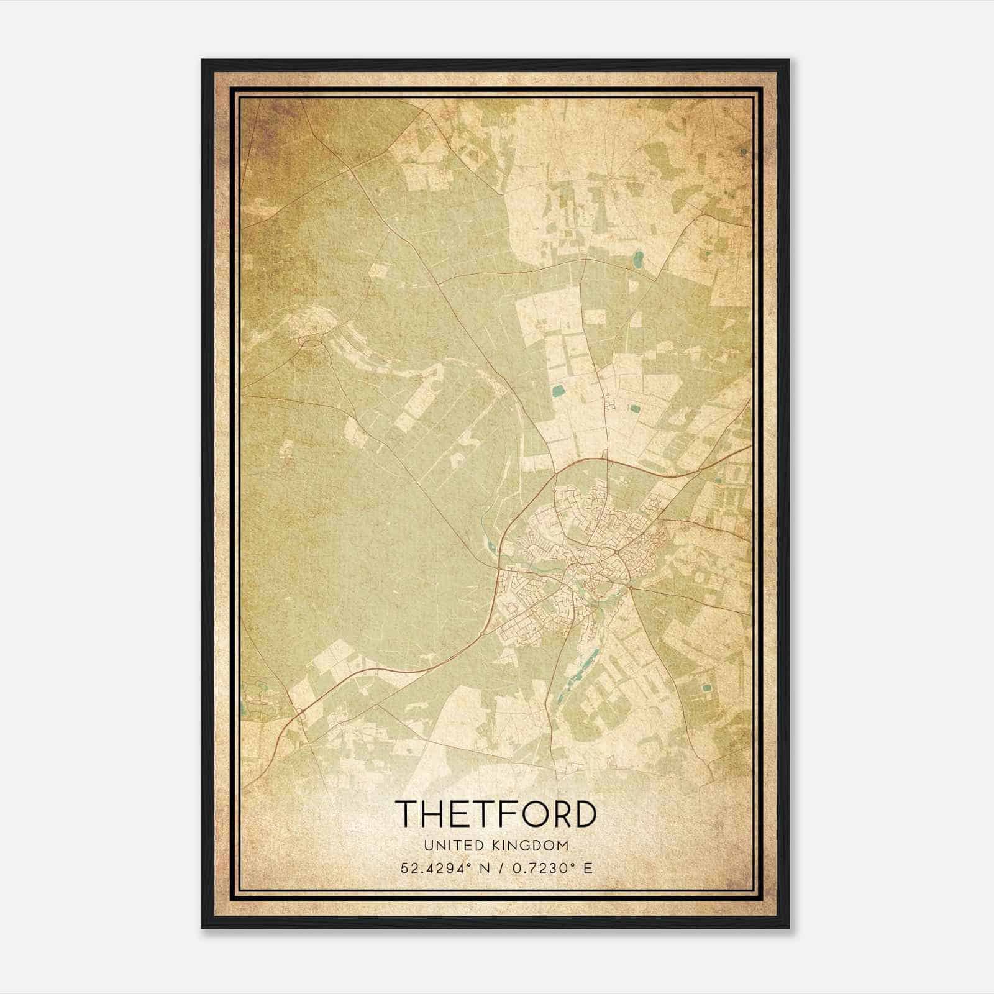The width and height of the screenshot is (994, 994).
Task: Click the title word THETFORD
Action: pos(496,814)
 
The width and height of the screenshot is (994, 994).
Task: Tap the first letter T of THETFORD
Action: pos(406,814)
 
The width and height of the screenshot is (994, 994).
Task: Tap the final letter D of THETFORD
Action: pos(588,814)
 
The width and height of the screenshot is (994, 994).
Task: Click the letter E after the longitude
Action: pos(588,868)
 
